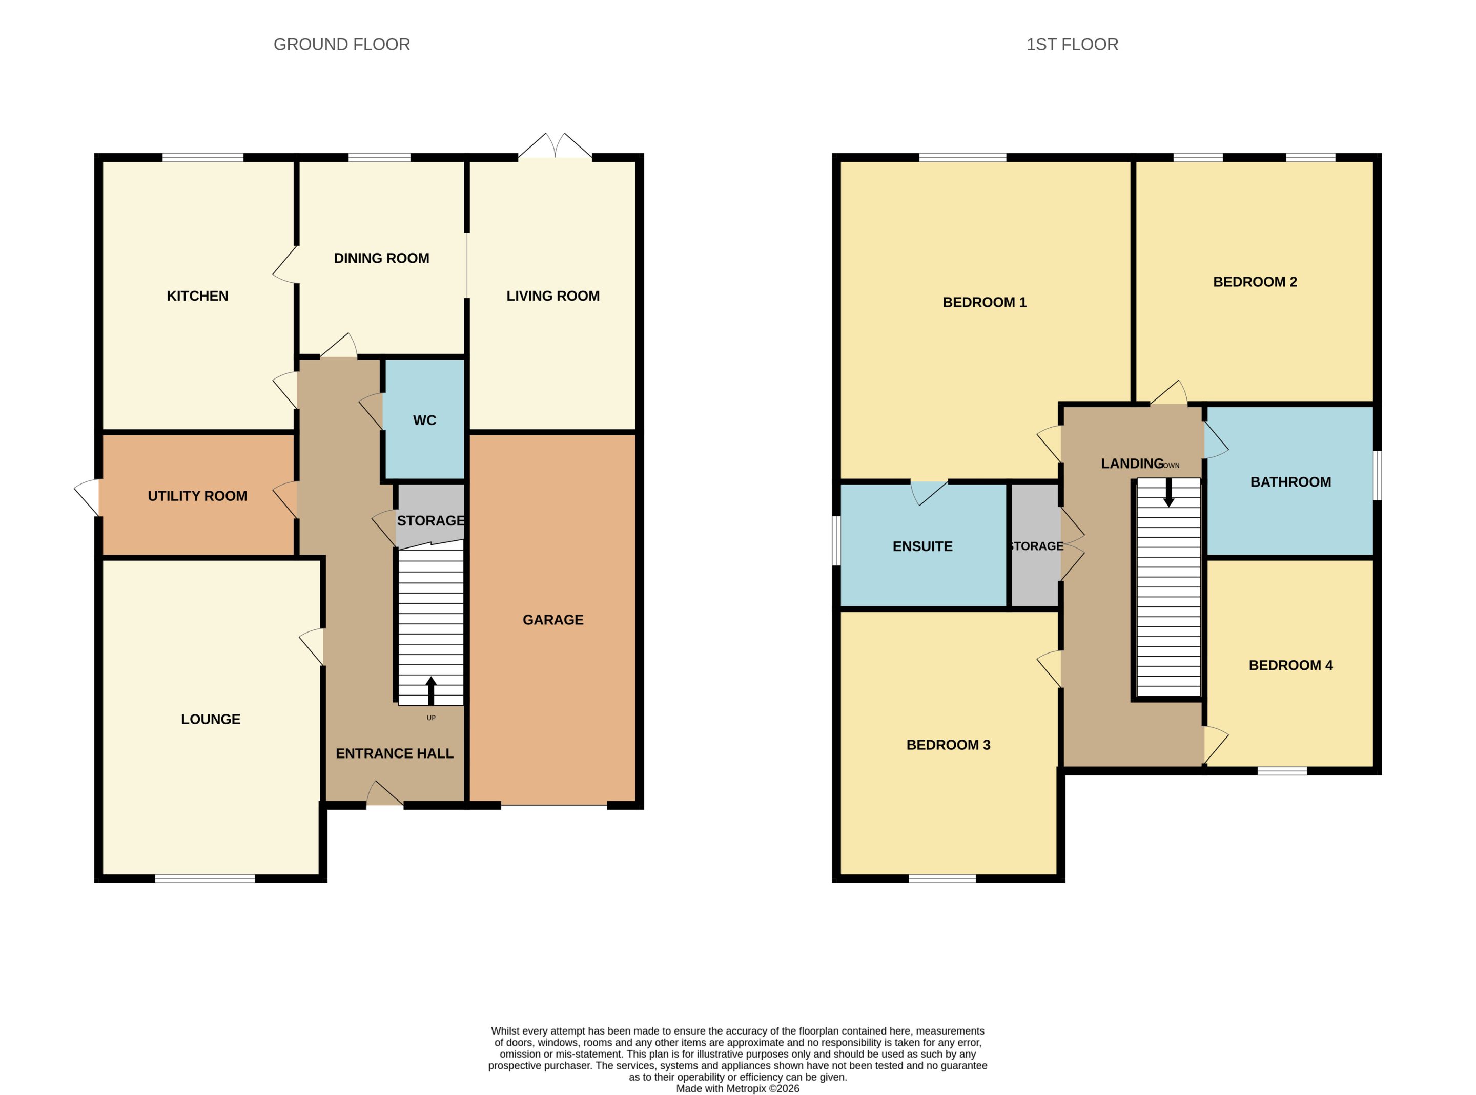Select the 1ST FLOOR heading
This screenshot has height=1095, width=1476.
point(1072,45)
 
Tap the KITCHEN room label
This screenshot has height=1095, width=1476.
point(198,296)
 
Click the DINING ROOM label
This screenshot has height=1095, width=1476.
point(381,258)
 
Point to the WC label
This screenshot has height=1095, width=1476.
point(424,420)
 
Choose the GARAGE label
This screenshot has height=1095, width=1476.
point(553,620)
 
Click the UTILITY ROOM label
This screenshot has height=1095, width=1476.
point(198,496)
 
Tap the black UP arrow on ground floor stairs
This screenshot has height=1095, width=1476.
point(431,691)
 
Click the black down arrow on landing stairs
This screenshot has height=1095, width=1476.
point(1168,493)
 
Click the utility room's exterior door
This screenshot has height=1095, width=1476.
point(87,498)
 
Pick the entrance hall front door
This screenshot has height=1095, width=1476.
point(384,793)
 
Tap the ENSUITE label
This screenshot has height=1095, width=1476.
point(922,546)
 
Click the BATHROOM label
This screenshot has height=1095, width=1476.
point(1290,482)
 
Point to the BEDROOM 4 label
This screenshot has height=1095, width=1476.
point(1290,665)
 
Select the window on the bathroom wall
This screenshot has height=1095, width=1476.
point(1377,475)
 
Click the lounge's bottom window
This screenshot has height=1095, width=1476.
point(205,878)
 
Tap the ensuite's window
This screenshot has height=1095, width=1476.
point(836,541)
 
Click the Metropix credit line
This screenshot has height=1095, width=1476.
point(737,1088)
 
